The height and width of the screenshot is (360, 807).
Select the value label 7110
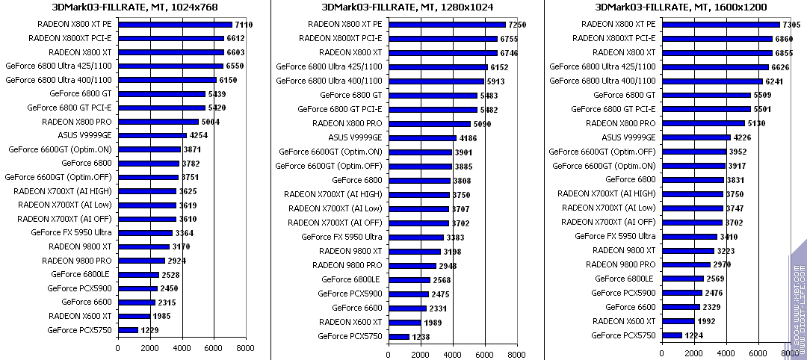[244, 25]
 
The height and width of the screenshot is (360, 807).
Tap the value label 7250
[517, 25]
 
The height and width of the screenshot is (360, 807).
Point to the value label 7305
[791, 25]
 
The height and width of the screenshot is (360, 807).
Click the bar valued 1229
[128, 330]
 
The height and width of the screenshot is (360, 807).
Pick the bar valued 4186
[422, 138]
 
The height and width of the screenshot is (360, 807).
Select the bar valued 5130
[703, 123]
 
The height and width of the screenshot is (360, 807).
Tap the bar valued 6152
[438, 67]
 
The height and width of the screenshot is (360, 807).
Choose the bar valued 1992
[678, 322]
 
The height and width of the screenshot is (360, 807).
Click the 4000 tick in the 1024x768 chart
[182, 348]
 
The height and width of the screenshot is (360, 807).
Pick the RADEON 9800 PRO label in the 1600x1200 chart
[621, 265]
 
